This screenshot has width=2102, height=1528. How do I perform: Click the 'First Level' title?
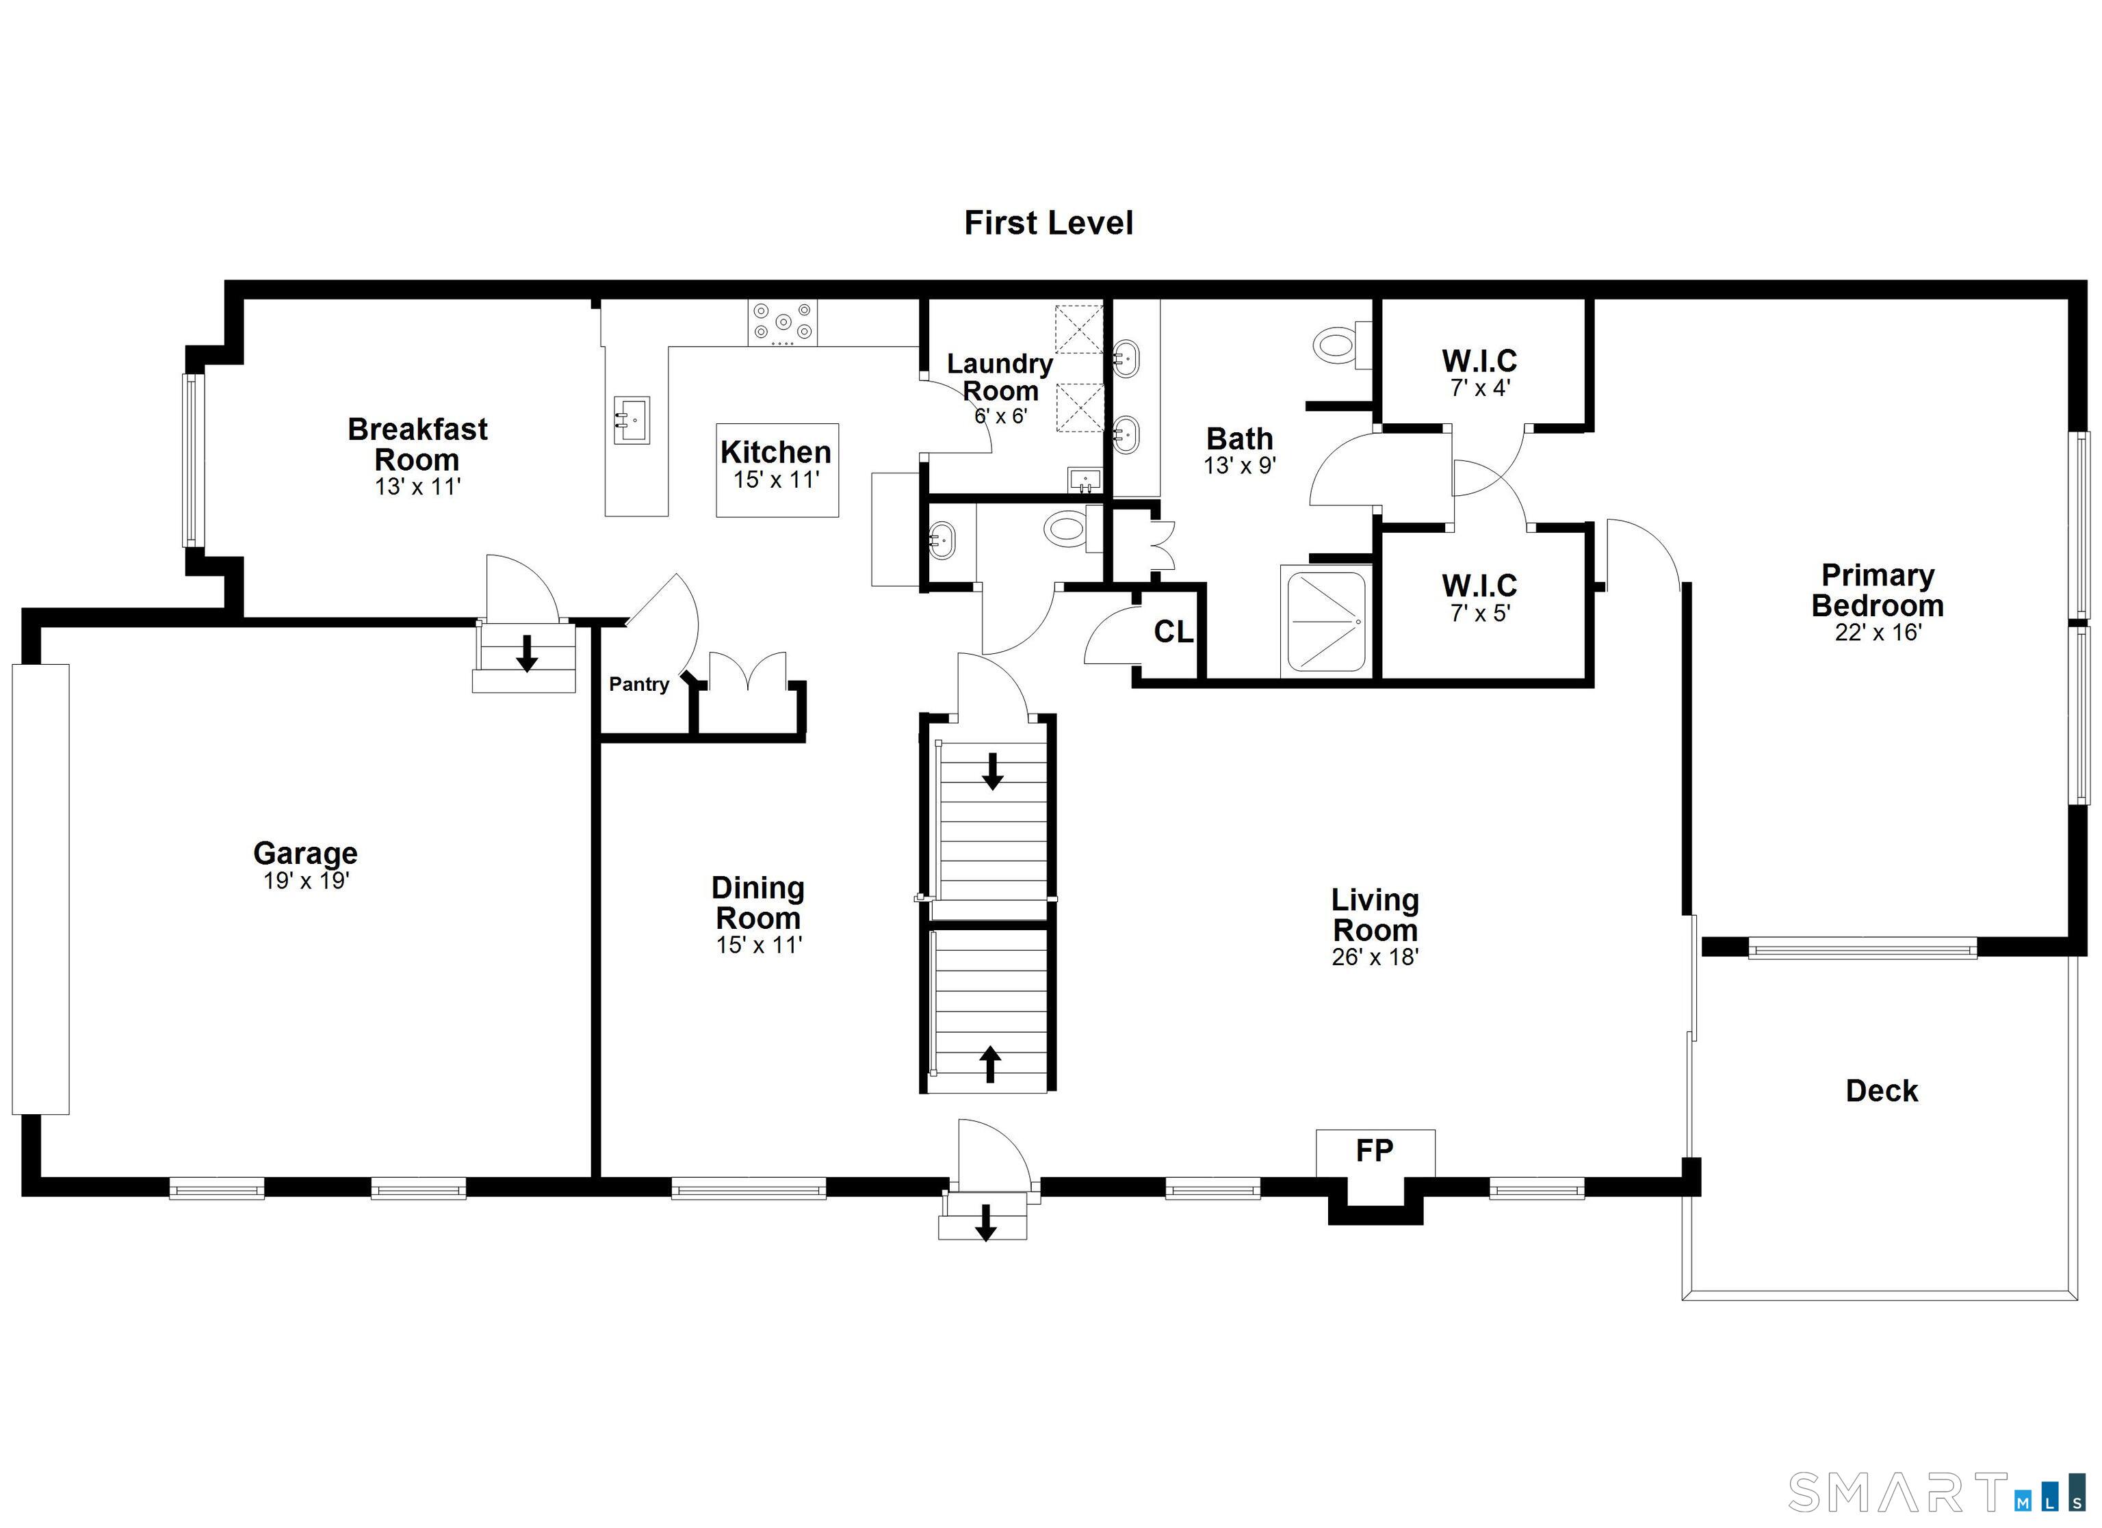[1048, 223]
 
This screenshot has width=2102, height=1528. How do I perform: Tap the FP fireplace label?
[1375, 1151]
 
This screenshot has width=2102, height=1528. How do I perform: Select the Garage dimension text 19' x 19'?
[306, 880]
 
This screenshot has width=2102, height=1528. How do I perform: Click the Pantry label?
[638, 684]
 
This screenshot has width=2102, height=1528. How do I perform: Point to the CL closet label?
[1173, 632]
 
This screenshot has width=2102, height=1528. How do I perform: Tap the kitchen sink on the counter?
[631, 420]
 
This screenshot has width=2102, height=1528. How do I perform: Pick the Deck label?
[1882, 1091]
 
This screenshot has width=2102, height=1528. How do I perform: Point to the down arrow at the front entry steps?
[986, 1222]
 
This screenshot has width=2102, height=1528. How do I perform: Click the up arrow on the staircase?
[990, 1064]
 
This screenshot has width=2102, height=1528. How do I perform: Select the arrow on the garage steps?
[526, 653]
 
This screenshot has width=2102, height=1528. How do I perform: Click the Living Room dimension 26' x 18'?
[1375, 957]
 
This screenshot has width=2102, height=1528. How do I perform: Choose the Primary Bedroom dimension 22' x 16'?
[1878, 632]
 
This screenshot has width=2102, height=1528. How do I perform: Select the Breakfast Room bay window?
[190, 460]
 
